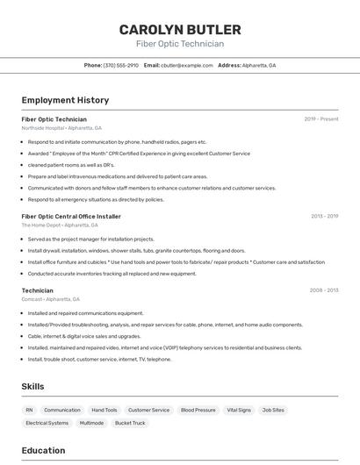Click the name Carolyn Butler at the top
point(179,29)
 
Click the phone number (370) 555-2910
point(121,65)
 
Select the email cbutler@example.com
point(187,65)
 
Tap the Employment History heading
point(65,100)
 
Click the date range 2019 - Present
point(320,119)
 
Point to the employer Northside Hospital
point(41,128)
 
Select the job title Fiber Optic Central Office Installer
point(71,216)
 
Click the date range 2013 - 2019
point(324,216)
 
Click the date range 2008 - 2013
point(324,290)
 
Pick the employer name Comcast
point(32,299)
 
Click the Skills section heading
point(32,386)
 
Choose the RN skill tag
point(29,410)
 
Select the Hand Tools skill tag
point(104,410)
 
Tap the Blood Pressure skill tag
point(198,410)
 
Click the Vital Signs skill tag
point(239,410)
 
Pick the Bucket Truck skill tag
point(130,423)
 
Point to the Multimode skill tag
point(91,423)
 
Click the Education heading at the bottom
point(43,451)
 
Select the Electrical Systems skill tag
point(47,423)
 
